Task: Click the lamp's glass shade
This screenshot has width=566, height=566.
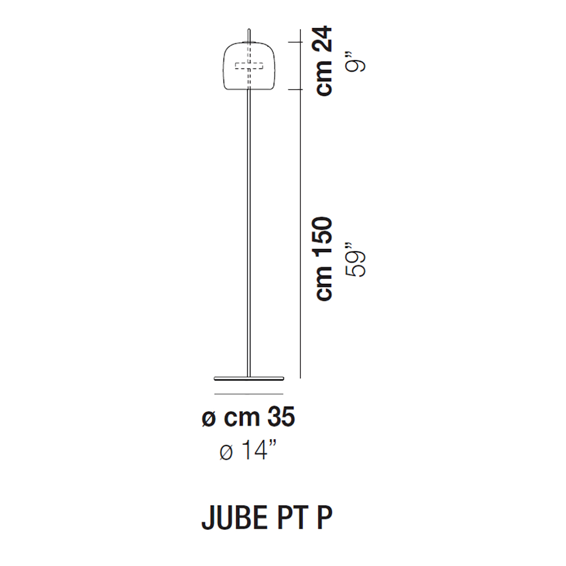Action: coord(224,66)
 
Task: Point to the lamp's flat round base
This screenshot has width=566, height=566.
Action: coord(249,378)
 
